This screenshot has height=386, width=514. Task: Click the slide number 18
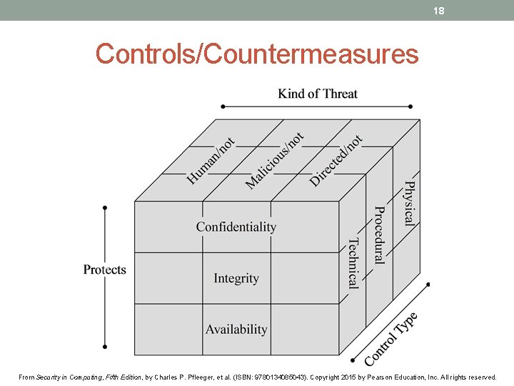[439, 10]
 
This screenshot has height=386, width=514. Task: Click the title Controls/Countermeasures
[257, 54]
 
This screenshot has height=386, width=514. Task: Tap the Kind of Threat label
[318, 94]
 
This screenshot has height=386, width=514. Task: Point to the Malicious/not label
[274, 161]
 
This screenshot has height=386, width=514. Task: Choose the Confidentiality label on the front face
[236, 227]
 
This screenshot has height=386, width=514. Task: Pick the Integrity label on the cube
[236, 278]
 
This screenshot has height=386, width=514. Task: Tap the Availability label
[236, 330]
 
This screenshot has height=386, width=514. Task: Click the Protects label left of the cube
[104, 269]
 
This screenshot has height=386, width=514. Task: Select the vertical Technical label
[353, 263]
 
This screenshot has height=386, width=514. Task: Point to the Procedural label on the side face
[380, 234]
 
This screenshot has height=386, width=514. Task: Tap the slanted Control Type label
[391, 339]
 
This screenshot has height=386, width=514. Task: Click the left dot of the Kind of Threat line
[223, 107]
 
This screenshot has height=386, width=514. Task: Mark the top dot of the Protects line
[105, 208]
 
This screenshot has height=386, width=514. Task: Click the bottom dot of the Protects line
[105, 347]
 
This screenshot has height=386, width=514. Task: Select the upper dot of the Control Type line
[428, 284]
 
